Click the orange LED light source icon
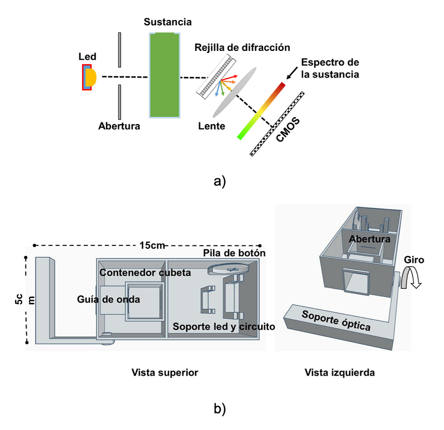click(89, 77)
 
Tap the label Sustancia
click(168, 23)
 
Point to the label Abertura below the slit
click(119, 126)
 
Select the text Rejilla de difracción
click(242, 48)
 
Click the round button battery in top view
click(228, 269)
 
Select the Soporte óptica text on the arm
click(336, 321)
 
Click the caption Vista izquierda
click(340, 373)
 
